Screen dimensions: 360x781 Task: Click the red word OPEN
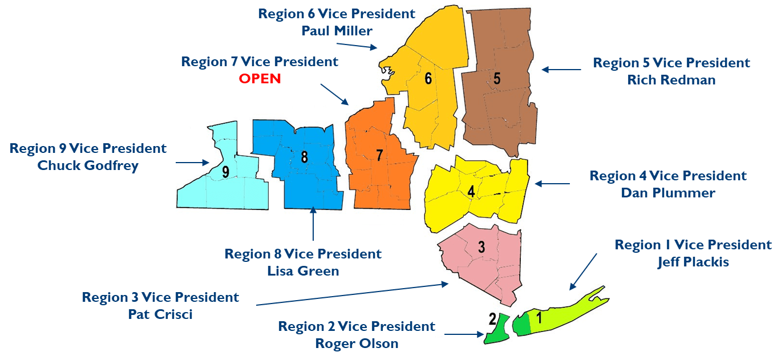[x=260, y=79]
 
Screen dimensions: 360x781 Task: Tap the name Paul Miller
[x=337, y=31]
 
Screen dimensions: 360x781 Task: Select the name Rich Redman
[x=671, y=80]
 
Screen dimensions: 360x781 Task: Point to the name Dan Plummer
[x=667, y=193]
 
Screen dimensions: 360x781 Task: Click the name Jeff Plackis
[x=693, y=262]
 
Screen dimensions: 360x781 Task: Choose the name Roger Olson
[x=357, y=343]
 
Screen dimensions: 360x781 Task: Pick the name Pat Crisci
[x=160, y=314]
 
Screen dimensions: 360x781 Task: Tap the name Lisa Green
[x=303, y=271]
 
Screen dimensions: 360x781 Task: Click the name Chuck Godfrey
[x=88, y=165]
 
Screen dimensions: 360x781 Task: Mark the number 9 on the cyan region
[x=226, y=172]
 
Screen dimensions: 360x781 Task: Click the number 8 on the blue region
[x=304, y=156]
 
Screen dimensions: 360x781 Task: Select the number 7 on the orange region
[x=379, y=155]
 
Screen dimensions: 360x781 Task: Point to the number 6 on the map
[x=428, y=79]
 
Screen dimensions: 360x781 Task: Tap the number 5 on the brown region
[x=497, y=79]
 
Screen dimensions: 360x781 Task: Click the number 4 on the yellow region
[x=471, y=192]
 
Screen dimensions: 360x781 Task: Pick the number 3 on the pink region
[x=481, y=247]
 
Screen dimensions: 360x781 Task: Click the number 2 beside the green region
[x=491, y=319]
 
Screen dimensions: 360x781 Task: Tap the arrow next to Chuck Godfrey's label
[x=192, y=163]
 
